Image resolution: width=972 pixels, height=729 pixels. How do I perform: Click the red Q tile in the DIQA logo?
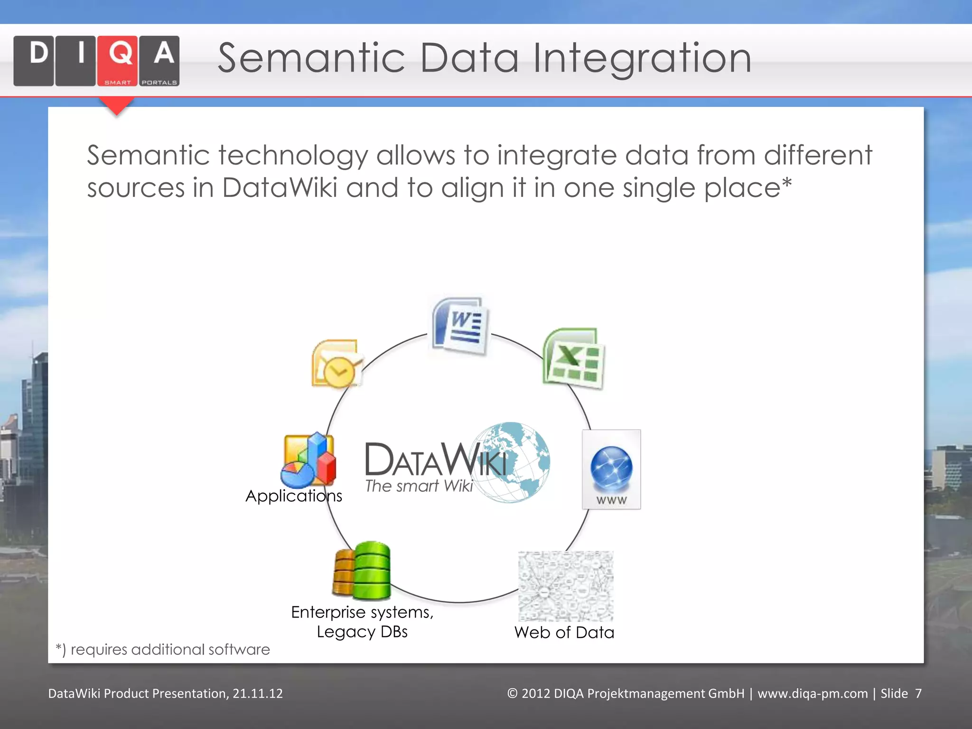117,60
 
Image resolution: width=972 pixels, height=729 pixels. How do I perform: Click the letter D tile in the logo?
34,60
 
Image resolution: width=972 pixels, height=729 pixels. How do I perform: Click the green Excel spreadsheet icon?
573,358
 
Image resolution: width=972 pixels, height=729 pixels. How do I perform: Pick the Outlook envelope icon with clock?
336,364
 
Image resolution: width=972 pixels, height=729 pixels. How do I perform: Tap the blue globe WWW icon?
611,469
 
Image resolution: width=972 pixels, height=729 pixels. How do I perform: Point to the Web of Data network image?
566,586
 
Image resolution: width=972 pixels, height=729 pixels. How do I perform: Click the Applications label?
294,496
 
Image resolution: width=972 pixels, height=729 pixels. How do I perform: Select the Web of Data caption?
564,633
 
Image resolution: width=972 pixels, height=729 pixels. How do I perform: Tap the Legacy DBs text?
362,632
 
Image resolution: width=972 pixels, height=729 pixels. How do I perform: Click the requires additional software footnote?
163,649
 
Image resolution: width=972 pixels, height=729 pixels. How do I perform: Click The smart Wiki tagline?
419,486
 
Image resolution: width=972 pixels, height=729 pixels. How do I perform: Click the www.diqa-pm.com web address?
812,693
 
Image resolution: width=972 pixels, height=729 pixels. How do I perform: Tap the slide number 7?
918,693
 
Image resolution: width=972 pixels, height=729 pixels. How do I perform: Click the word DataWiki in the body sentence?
280,187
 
